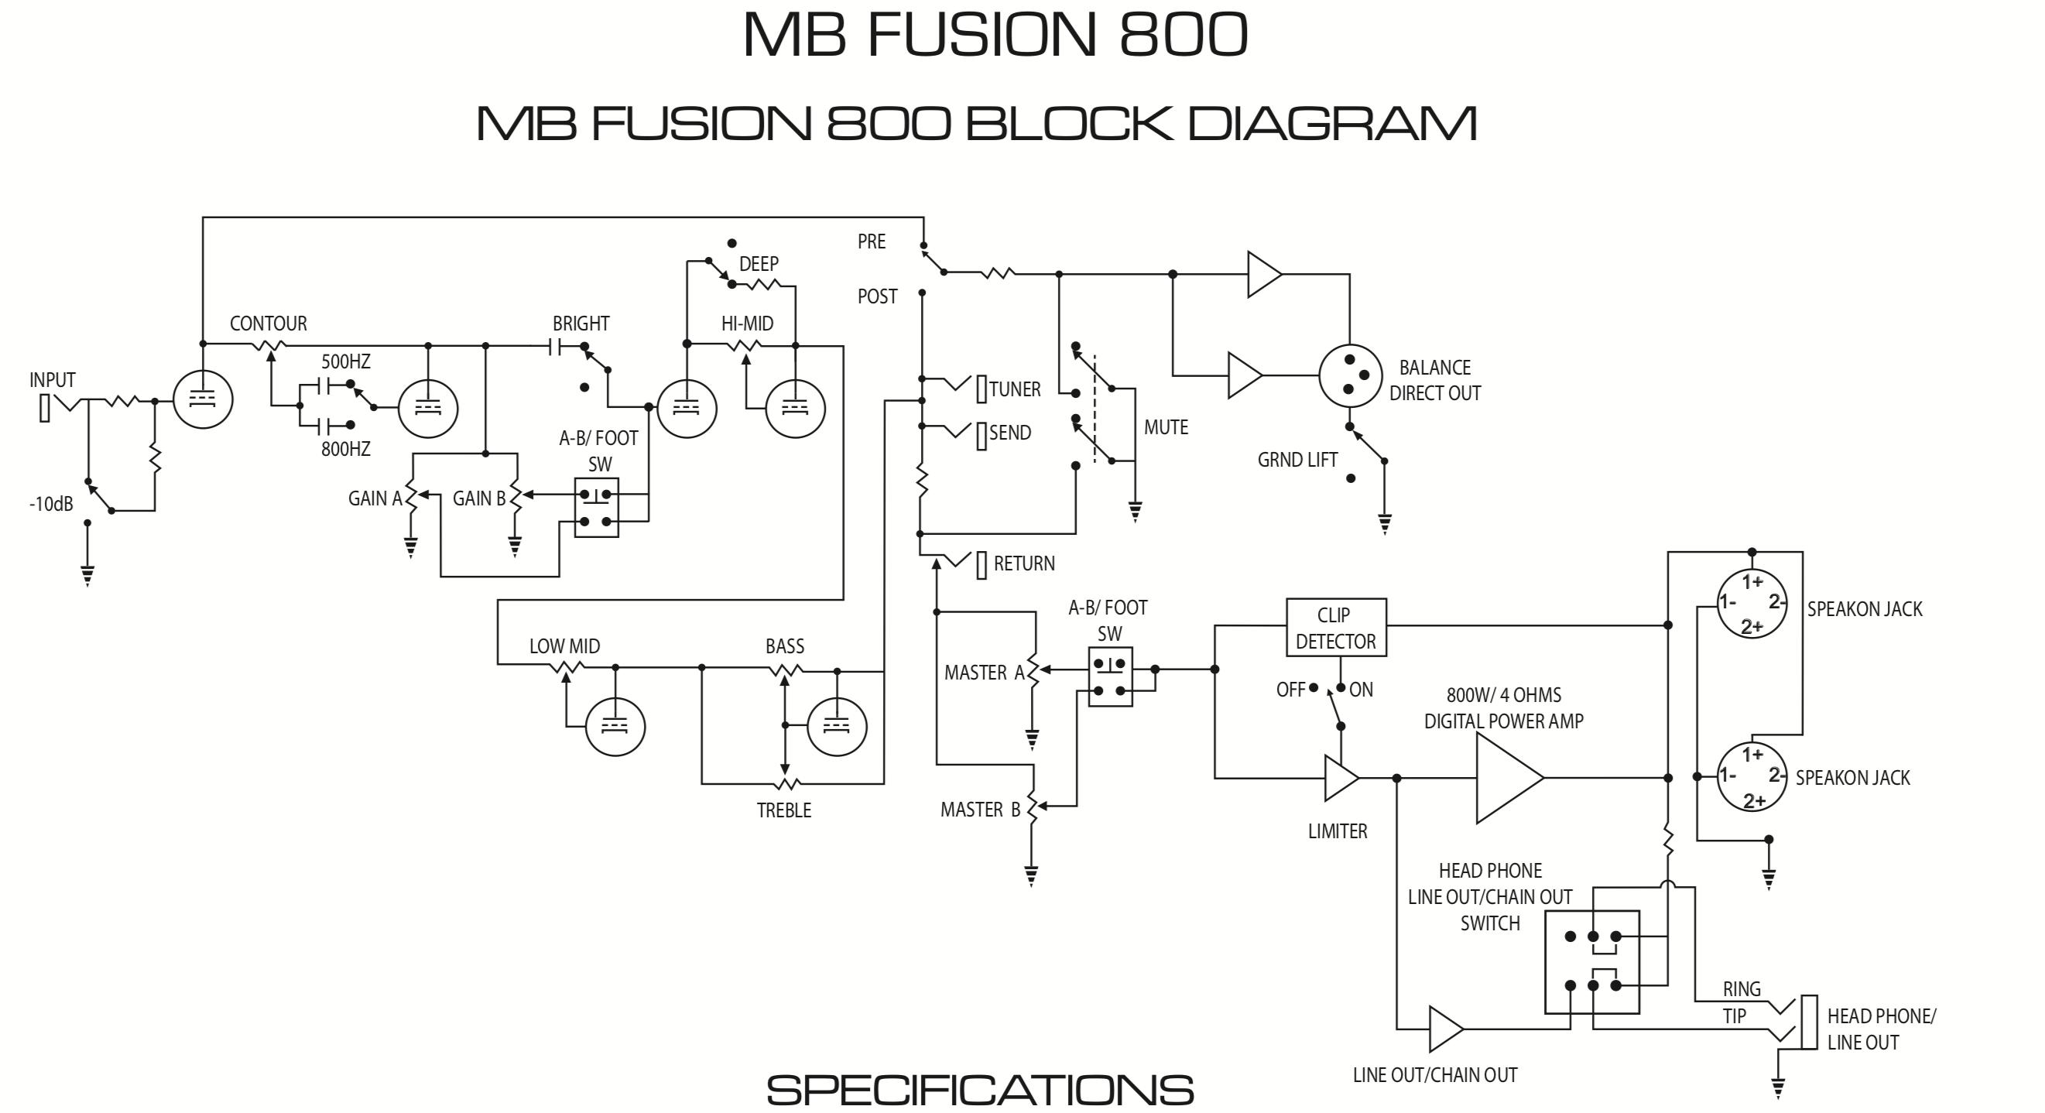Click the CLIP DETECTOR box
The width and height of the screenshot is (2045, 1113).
click(1336, 627)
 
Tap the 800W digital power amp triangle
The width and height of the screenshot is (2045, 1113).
click(1509, 778)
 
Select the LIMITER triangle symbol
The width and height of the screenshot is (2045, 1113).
click(1341, 778)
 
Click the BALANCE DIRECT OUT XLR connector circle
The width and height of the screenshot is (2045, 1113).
click(1351, 375)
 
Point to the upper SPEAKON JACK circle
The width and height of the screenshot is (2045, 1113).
click(1752, 604)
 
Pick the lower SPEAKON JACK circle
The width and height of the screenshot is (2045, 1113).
click(1752, 776)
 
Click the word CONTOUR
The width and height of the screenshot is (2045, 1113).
click(269, 324)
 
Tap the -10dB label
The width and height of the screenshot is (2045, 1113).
click(51, 504)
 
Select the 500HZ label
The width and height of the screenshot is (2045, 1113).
click(345, 362)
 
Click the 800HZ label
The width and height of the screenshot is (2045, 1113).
click(345, 450)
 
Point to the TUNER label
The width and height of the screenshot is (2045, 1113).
click(1015, 390)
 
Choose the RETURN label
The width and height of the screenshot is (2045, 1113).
click(1024, 563)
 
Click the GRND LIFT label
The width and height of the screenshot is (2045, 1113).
click(1297, 461)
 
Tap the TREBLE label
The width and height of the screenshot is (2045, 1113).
click(783, 810)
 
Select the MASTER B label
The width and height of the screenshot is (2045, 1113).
click(981, 810)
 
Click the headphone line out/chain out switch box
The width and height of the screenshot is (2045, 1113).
click(1591, 962)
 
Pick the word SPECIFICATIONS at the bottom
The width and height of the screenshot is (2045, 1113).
click(980, 1090)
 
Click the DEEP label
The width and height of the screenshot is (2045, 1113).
click(759, 264)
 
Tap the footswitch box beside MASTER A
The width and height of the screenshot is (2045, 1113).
click(1110, 677)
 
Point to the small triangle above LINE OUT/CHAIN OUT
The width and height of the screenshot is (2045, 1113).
click(1445, 1029)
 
